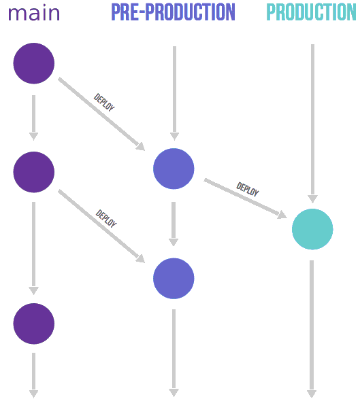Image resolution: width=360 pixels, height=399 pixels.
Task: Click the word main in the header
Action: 34,13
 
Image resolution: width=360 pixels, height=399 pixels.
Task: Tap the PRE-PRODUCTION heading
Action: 174,12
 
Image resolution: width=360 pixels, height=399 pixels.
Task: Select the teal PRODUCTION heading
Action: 311,12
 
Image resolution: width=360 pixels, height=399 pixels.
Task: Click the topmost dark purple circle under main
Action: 34,63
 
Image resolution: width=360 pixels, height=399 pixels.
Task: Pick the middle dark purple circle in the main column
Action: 34,172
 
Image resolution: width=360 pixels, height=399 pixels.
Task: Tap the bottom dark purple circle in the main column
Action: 34,324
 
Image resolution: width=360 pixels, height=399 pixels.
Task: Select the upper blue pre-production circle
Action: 174,169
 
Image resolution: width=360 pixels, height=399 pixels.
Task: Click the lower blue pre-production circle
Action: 174,279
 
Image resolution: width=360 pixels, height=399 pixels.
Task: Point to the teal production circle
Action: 312,229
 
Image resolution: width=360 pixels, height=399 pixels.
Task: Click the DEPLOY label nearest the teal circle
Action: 248,190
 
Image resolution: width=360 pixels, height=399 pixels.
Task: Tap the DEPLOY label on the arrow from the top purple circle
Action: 104,102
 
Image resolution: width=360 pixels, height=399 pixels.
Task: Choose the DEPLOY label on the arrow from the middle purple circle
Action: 106,218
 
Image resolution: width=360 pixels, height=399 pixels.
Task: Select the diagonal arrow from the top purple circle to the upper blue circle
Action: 101,114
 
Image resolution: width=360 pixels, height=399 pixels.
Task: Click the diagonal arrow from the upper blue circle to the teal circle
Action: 246,198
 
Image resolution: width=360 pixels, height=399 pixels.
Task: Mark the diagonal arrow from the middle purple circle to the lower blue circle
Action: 101,226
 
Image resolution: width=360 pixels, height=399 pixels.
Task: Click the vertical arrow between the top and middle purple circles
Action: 33,118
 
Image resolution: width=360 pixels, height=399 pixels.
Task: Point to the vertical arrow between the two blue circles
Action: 174,224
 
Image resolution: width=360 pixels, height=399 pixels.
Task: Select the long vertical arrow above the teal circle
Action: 312,124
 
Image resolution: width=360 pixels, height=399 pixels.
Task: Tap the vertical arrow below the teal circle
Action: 312,329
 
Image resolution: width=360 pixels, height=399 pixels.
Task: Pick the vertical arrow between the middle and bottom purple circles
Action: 33,248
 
